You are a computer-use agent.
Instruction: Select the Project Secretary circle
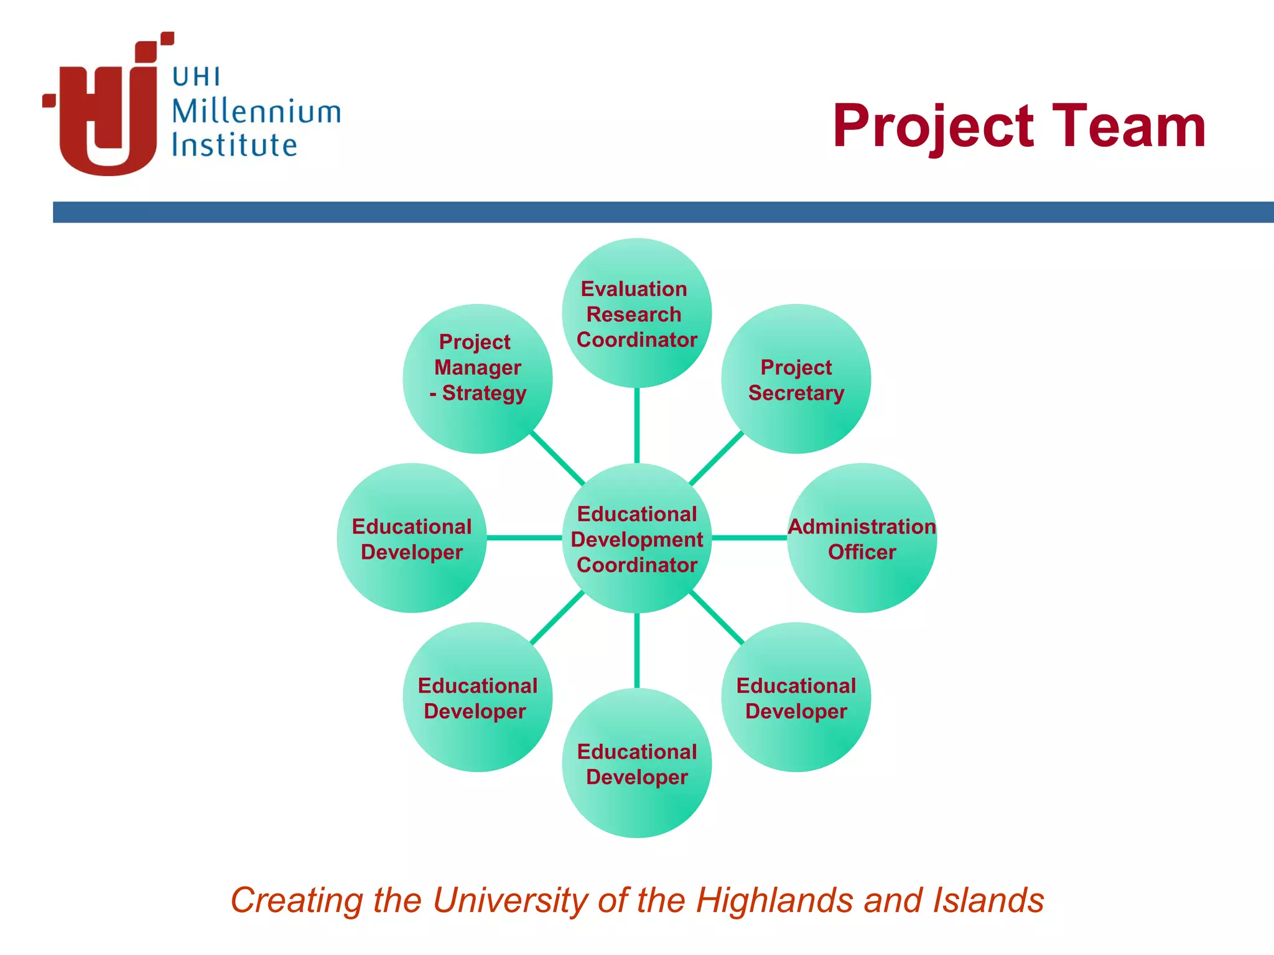coord(796,379)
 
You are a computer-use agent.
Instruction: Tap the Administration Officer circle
coord(862,538)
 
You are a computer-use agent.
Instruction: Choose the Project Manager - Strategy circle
coord(477,379)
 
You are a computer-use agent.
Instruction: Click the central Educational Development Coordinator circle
coord(636,538)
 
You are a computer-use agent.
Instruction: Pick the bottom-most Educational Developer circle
coord(636,763)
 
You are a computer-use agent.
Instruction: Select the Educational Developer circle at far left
coord(411,538)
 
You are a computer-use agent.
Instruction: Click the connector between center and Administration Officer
coord(749,538)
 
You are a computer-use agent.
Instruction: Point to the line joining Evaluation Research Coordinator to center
coord(636,425)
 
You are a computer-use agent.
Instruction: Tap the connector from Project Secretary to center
coord(717,458)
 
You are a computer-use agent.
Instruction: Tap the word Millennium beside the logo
coord(256,112)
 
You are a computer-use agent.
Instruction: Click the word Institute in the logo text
coord(234,145)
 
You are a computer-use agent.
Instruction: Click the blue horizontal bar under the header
coord(663,212)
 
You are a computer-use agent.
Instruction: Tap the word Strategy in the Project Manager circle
coord(484,394)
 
